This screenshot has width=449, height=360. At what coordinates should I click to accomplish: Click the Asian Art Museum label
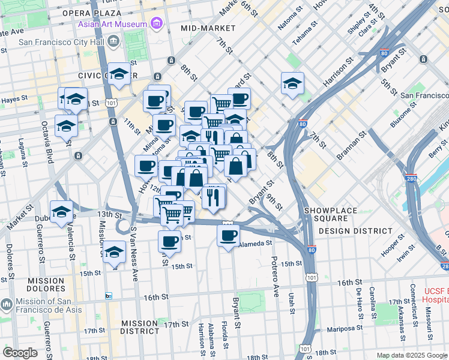pyautogui.click(x=112, y=24)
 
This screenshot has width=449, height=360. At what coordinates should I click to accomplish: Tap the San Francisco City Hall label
pyautogui.click(x=59, y=42)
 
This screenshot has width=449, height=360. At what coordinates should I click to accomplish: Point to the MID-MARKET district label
pyautogui.click(x=207, y=28)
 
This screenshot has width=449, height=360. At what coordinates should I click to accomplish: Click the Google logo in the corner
pyautogui.click(x=20, y=353)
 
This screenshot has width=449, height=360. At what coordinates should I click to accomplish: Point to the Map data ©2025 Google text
pyautogui.click(x=411, y=355)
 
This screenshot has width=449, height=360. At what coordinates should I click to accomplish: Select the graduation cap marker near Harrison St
pyautogui.click(x=292, y=83)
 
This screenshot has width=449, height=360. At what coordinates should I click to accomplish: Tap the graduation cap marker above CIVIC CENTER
pyautogui.click(x=119, y=74)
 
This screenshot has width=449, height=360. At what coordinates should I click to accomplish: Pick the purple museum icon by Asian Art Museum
pyautogui.click(x=157, y=24)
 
